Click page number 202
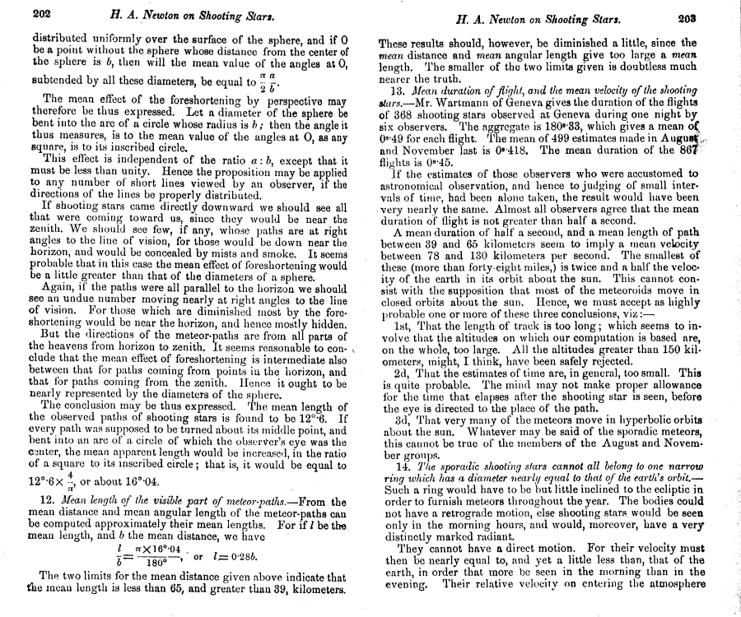(x=43, y=15)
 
